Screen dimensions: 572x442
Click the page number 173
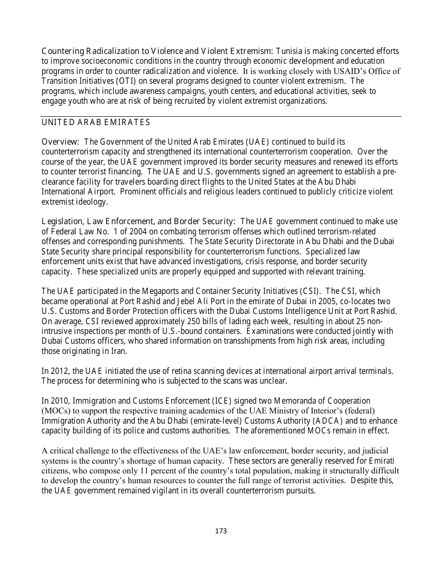click(x=221, y=531)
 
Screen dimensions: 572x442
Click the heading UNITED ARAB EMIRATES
click(x=96, y=123)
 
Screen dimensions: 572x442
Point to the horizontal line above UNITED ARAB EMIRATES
click(x=221, y=116)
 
